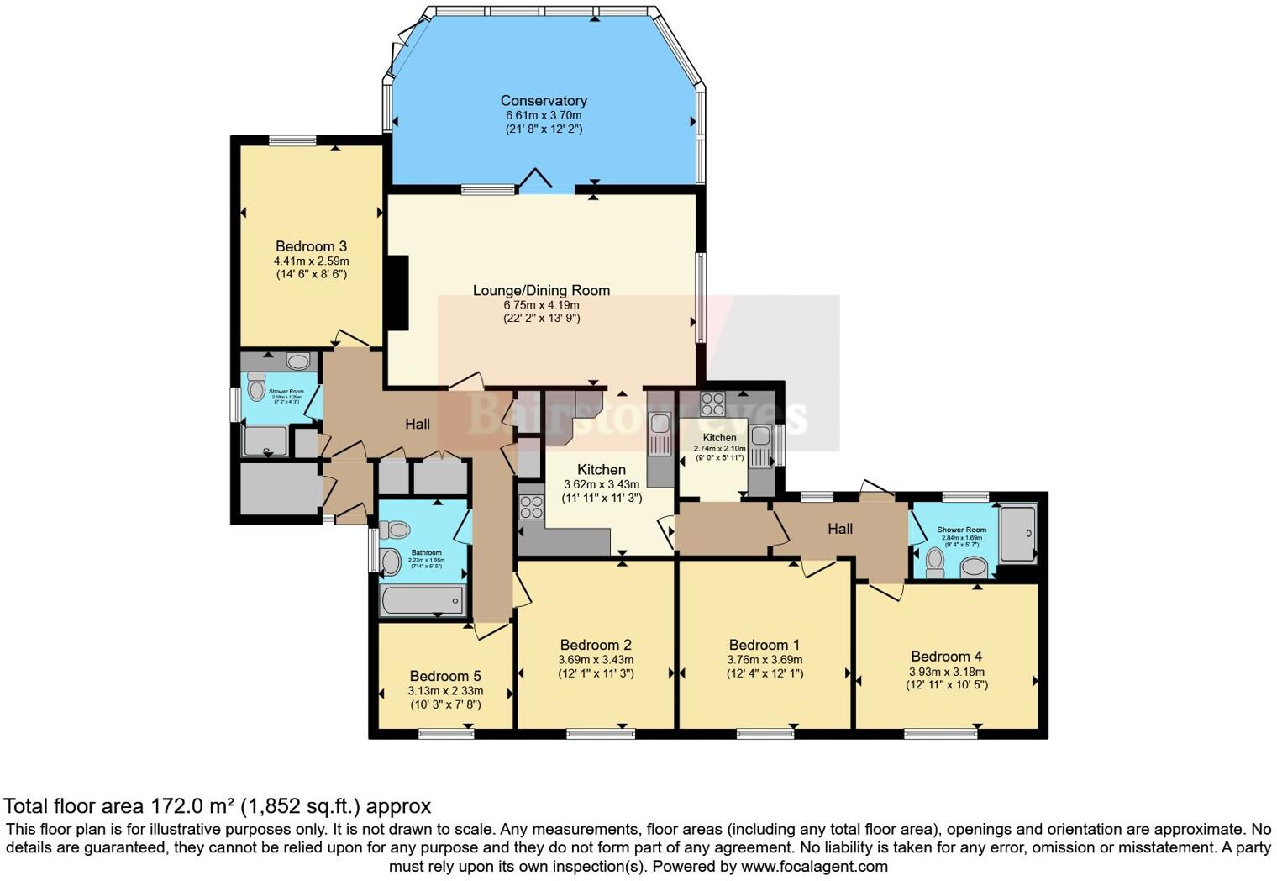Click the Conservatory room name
coord(544,101)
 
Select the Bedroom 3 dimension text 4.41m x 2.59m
coord(311,261)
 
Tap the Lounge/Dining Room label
coord(541,290)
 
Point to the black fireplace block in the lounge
coord(397,293)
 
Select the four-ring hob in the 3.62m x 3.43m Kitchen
coord(531,507)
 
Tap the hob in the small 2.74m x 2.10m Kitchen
coord(712,404)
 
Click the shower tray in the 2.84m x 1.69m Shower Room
coord(1018,533)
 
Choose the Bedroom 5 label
coord(445,676)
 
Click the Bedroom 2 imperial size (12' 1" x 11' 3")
coord(596,673)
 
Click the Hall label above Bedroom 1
coord(840,529)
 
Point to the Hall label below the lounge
coord(418,425)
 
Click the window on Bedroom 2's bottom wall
coord(601,734)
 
